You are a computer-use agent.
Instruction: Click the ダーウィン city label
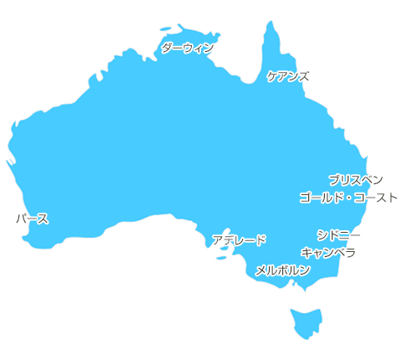pos(187,49)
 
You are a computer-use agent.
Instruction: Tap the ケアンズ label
pos(288,76)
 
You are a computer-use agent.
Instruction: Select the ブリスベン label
pos(356,180)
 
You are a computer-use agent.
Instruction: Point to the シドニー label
pos(339,235)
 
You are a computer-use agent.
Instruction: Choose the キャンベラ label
pos(329,252)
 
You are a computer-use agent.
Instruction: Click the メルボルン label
pos(282,270)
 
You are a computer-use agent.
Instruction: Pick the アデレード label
pos(239,241)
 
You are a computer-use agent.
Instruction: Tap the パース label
pos(32,219)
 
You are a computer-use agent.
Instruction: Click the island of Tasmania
pos(306,322)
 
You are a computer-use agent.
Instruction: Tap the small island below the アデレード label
pos(221,258)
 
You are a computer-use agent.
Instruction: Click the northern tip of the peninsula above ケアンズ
pos(271,22)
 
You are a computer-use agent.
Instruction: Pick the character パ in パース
pos(20,219)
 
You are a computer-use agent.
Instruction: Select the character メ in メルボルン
pos(260,270)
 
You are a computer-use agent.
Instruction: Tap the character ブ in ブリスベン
pos(334,180)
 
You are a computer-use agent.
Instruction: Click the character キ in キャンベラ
pos(306,252)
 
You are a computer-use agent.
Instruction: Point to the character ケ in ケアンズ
pos(272,76)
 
